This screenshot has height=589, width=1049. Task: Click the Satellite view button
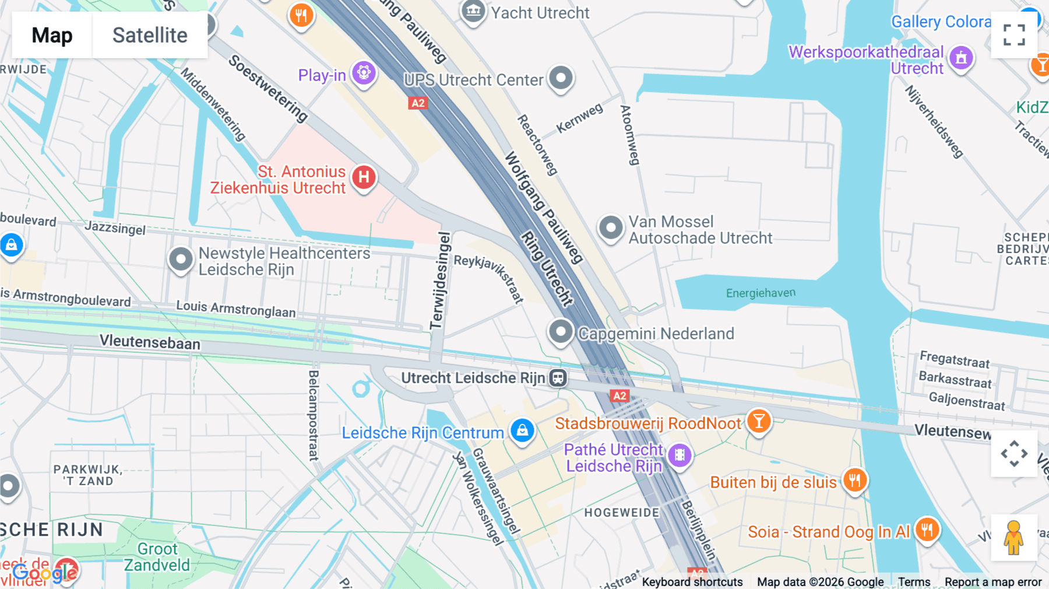150,35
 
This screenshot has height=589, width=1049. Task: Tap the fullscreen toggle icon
1014,35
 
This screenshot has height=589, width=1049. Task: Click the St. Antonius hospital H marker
364,177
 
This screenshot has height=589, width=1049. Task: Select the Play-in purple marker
364,73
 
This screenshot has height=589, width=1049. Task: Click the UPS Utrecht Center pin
561,78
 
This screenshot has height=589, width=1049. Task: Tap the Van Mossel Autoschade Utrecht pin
611,227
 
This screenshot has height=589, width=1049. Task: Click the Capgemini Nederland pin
561,332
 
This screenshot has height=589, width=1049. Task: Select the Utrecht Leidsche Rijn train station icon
558,378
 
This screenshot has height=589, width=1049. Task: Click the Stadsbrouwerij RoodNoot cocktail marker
758,421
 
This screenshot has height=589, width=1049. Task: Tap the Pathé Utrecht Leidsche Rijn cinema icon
680,455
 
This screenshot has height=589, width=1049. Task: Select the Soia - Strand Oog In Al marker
927,530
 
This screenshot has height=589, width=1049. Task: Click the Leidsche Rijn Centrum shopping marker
522,431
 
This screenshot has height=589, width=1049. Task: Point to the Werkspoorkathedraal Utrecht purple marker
961,58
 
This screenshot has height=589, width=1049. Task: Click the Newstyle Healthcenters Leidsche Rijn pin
181,259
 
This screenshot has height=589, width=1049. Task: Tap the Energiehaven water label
761,293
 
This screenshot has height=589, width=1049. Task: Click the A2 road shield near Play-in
418,103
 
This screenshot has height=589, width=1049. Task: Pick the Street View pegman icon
1013,538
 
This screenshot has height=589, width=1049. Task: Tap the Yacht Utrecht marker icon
473,11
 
